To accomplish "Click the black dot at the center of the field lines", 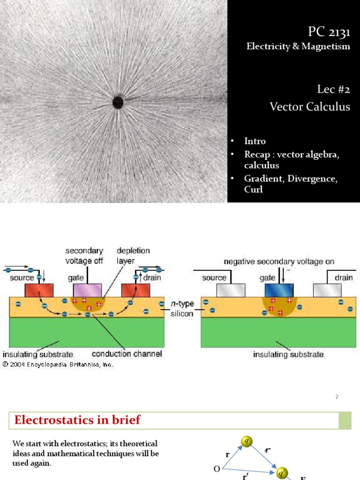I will [118, 102].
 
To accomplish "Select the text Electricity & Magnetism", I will [299, 46].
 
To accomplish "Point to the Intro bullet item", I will [255, 141].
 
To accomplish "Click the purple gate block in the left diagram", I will [87, 290].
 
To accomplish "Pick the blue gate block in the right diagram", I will [279, 290].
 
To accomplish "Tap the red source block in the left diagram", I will [39, 290].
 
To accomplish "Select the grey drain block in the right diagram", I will [327, 290].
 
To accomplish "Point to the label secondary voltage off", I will [84, 256].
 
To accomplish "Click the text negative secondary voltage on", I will [279, 262].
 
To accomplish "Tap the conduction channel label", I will [127, 354].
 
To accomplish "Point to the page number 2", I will [337, 397].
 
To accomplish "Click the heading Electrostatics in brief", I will [77, 420].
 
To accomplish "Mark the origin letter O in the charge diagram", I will [217, 469].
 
